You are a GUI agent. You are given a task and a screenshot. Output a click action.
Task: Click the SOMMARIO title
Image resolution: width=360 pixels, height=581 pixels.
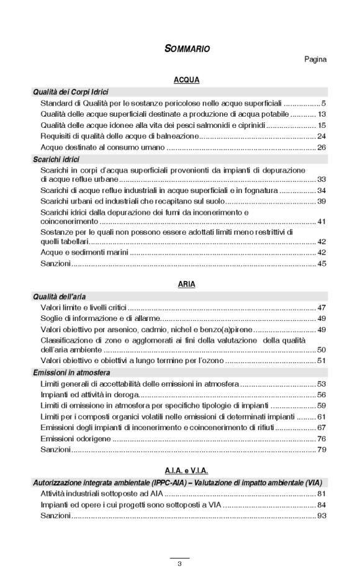point(187,48)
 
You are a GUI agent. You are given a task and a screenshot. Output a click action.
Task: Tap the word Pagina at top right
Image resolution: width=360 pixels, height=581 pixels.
point(315,60)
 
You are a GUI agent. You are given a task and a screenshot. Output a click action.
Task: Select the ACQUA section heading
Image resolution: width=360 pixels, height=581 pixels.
point(186,81)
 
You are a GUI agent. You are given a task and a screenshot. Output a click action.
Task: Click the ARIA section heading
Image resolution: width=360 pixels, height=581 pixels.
point(186,284)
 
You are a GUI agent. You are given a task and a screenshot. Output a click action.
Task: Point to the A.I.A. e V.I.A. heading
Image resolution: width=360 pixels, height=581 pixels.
point(187,471)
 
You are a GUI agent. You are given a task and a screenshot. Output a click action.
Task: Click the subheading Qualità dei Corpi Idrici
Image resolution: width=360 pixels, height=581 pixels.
point(71,92)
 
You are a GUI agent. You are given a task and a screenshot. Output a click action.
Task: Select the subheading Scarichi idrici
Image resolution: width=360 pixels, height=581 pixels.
point(55,160)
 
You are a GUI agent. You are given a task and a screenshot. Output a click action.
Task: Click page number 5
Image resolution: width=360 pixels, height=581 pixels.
point(323,103)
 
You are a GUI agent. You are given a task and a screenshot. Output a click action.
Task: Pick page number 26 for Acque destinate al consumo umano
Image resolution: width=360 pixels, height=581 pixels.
point(322,148)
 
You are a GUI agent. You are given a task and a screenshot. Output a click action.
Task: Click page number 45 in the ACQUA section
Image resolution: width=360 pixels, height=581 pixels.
point(322,264)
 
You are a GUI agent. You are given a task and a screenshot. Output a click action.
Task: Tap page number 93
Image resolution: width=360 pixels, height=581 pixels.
point(322,516)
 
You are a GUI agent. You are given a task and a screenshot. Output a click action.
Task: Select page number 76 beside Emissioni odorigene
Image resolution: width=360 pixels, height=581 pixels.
point(322,438)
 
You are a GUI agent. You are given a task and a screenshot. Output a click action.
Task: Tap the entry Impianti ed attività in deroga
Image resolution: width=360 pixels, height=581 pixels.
point(89,395)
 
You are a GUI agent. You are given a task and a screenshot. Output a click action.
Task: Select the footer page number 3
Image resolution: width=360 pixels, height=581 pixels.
point(179,564)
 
